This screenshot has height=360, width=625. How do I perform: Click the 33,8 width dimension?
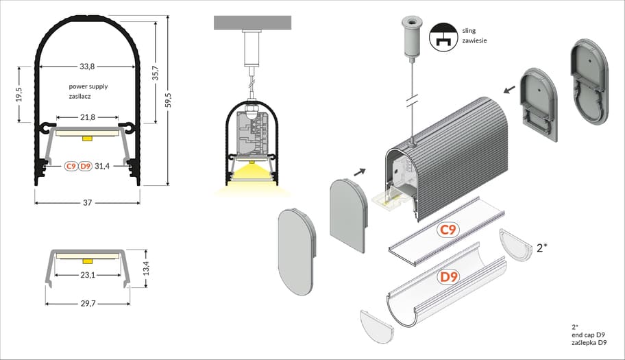(87, 67)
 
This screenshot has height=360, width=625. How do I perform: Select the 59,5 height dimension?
(177, 100)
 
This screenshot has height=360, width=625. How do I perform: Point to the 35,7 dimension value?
(155, 73)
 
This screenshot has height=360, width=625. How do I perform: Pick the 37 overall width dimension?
(88, 203)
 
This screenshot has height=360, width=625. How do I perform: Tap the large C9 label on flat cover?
(448, 230)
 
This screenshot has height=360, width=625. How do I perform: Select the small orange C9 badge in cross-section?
(71, 166)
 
